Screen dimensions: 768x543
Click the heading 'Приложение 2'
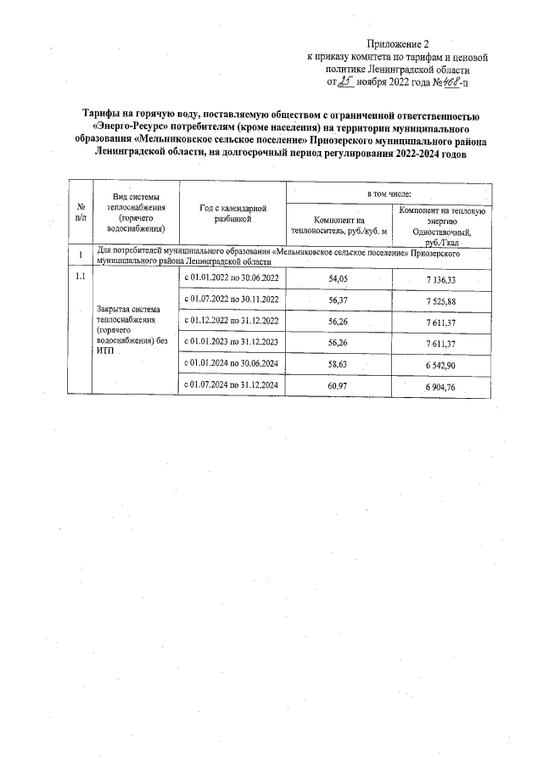[x=399, y=44]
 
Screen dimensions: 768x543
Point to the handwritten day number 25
[x=345, y=83]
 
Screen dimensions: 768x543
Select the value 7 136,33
[x=441, y=279]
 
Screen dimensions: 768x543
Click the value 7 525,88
[x=441, y=300]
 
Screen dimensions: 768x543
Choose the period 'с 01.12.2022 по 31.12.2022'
[x=232, y=322]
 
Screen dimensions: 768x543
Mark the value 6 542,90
[x=441, y=363]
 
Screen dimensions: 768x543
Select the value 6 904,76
[x=441, y=386]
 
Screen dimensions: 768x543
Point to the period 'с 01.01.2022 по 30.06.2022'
[x=232, y=279]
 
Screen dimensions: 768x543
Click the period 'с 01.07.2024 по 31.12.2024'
[x=232, y=386]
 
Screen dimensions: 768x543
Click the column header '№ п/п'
[x=81, y=212]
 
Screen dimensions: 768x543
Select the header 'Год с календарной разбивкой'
[x=233, y=213]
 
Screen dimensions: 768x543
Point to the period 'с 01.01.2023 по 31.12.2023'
[x=232, y=342]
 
